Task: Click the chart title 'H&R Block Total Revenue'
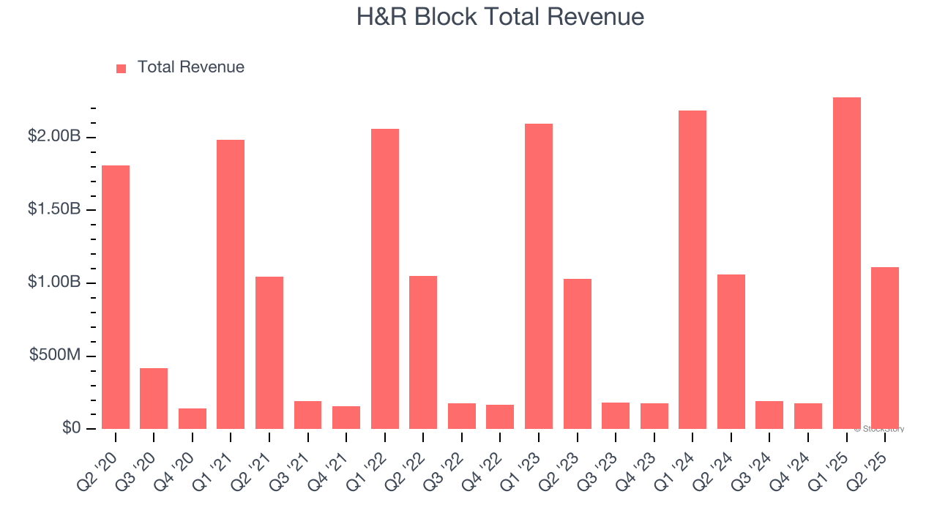click(500, 17)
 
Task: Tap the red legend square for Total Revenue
click(121, 69)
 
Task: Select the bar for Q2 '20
click(116, 296)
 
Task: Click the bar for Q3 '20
click(154, 398)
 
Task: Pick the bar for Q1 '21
click(231, 284)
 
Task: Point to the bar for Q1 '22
click(385, 278)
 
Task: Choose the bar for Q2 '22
click(423, 352)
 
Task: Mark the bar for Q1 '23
click(539, 276)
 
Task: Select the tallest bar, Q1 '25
click(847, 263)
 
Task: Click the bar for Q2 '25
click(885, 348)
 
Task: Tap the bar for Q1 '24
click(693, 269)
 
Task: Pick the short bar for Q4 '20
click(193, 419)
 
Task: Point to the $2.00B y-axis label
click(54, 137)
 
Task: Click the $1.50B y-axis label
click(54, 209)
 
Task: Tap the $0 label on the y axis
click(71, 427)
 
